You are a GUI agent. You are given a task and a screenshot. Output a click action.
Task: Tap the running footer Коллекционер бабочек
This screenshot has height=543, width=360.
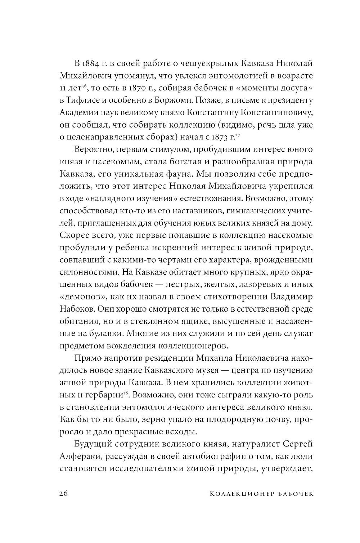tap(261, 493)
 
